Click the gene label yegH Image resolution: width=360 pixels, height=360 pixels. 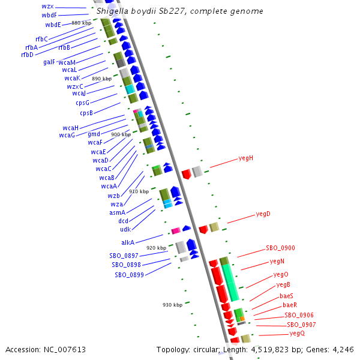[x=246, y=158]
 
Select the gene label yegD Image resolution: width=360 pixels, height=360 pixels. [x=263, y=214]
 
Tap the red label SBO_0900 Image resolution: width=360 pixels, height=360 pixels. [x=280, y=248]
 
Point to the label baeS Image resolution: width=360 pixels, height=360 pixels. [x=287, y=296]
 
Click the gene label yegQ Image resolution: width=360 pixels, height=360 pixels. [x=297, y=333]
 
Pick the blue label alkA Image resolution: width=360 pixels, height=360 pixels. [x=128, y=242]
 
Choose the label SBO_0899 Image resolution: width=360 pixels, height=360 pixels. [x=129, y=275]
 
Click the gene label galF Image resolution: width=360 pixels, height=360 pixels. [x=49, y=62]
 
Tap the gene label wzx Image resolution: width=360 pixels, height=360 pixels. [x=47, y=6]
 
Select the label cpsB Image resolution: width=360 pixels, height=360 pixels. [x=86, y=113]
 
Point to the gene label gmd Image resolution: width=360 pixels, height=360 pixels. [x=94, y=134]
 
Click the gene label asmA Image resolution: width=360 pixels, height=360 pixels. [x=117, y=212]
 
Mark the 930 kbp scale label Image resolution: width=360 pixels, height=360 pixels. [x=172, y=305]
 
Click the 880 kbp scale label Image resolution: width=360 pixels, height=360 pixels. [x=81, y=23]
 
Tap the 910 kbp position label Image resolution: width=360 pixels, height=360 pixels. [x=138, y=191]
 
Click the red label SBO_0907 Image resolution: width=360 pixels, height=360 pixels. [x=300, y=325]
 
